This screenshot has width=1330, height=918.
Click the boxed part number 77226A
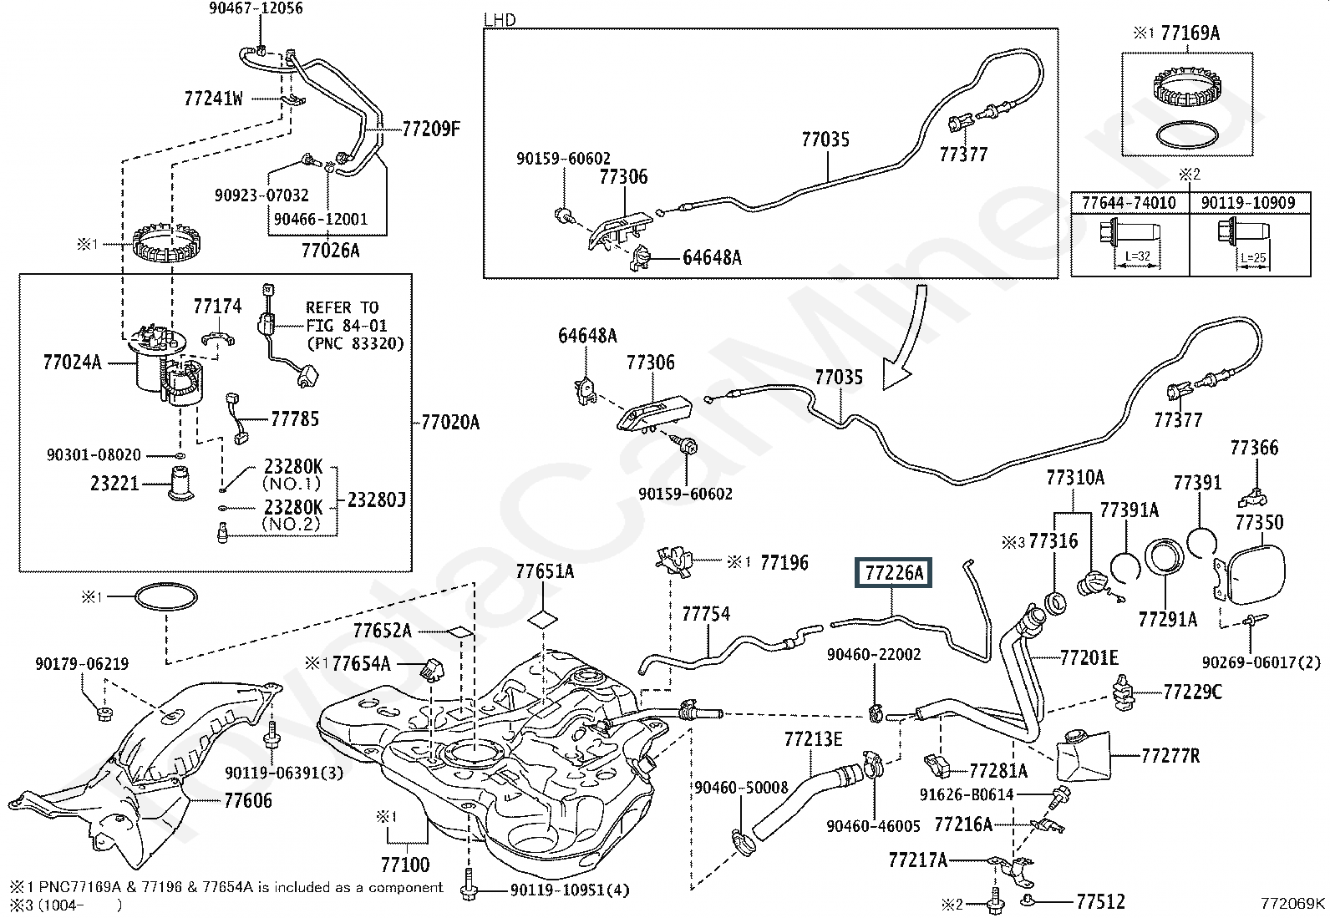click(x=893, y=573)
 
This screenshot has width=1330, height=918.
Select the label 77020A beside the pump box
click(x=449, y=423)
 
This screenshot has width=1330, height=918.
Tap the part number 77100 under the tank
click(x=405, y=865)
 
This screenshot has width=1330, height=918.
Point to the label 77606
click(x=248, y=800)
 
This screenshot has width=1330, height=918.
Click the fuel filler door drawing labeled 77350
click(x=1251, y=572)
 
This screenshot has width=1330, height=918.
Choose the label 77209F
click(x=431, y=129)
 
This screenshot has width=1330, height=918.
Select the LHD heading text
click(x=500, y=19)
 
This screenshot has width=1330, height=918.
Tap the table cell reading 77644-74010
click(x=1128, y=203)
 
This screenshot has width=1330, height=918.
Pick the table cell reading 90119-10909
click(x=1248, y=203)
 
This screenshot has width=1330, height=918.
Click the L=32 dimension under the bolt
click(x=1137, y=256)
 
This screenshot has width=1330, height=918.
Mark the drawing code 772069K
click(x=1293, y=903)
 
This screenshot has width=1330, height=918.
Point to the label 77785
click(x=295, y=418)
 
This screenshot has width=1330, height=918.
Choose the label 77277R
click(x=1170, y=756)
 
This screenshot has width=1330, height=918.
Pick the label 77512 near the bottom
click(x=1100, y=901)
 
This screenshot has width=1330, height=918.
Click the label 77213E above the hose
click(x=813, y=739)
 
